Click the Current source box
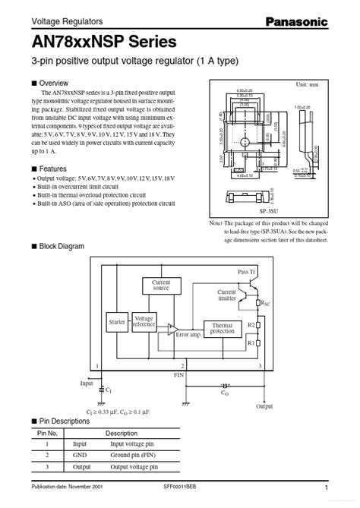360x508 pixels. click(160, 286)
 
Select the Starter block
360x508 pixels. click(117, 323)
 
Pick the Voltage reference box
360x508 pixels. click(144, 322)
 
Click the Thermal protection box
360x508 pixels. click(223, 327)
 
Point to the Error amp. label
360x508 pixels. click(188, 334)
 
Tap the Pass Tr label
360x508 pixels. click(248, 271)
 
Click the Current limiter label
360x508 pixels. click(226, 295)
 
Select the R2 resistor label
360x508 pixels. click(250, 324)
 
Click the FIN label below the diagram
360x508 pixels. click(179, 374)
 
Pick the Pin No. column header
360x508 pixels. click(48, 432)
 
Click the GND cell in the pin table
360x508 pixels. click(80, 456)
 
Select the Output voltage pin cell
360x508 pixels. click(134, 467)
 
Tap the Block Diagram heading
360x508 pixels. click(62, 246)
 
